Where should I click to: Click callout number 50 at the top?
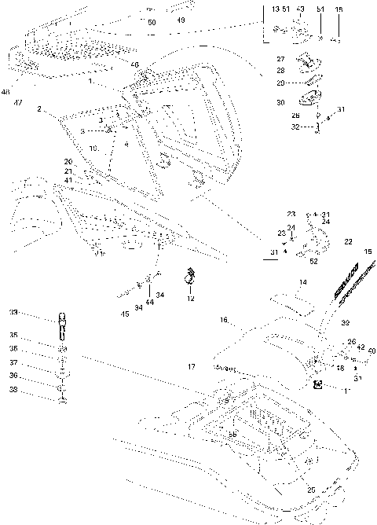(x=152, y=23)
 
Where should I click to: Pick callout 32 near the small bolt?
(x=295, y=126)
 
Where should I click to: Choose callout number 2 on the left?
(x=38, y=110)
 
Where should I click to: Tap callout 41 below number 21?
(x=68, y=181)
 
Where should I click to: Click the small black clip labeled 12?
(x=188, y=276)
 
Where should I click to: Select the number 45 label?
(x=125, y=314)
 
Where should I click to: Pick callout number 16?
(x=224, y=321)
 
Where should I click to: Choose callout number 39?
(x=345, y=323)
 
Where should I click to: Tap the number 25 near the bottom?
(x=311, y=490)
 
